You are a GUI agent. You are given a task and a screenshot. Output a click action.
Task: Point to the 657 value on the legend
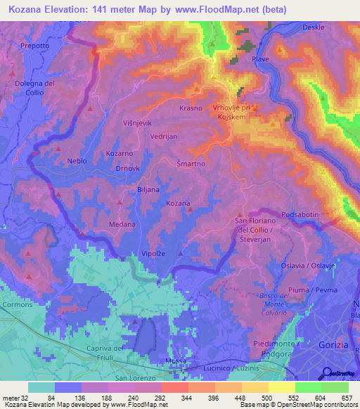tap(345, 398)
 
